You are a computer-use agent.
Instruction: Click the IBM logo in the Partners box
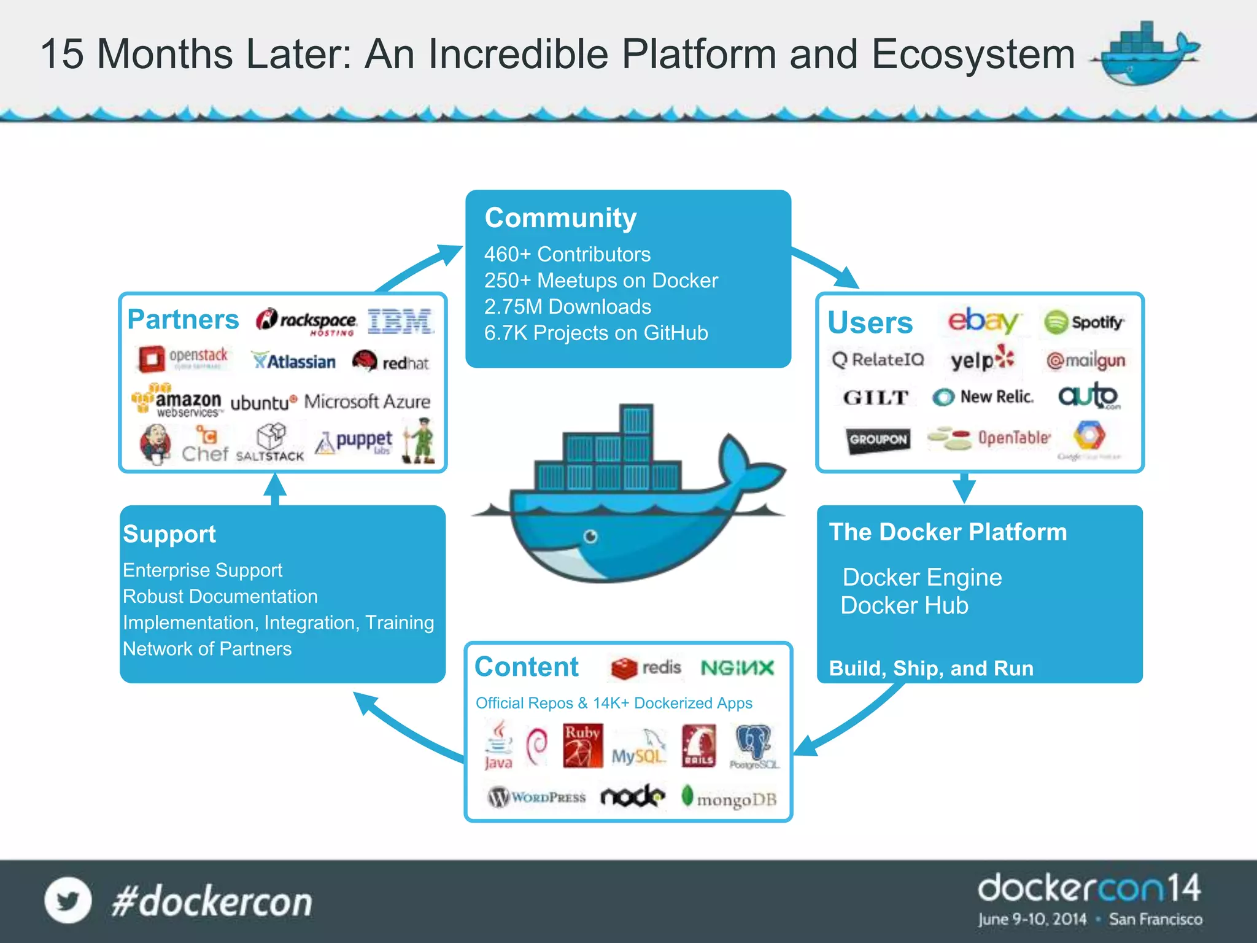point(401,321)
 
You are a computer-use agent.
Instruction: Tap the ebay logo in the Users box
point(982,320)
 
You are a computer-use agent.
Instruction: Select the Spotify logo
point(1084,322)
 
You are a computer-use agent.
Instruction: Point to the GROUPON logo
point(878,440)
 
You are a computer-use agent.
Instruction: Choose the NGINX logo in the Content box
point(737,668)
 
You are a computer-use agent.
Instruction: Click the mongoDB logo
point(729,798)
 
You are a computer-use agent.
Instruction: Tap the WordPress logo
point(536,797)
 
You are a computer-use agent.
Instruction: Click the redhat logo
point(390,362)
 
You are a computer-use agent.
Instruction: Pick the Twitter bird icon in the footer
point(68,900)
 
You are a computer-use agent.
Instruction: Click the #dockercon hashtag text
point(212,901)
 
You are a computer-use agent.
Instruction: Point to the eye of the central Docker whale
point(590,537)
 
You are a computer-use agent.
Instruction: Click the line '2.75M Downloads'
point(568,306)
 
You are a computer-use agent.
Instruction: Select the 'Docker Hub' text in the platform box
point(904,605)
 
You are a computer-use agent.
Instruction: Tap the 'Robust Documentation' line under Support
point(220,596)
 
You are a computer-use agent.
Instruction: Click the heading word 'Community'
point(560,218)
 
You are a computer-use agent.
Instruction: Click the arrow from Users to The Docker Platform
point(964,488)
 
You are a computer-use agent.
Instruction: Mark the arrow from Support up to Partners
point(275,489)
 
